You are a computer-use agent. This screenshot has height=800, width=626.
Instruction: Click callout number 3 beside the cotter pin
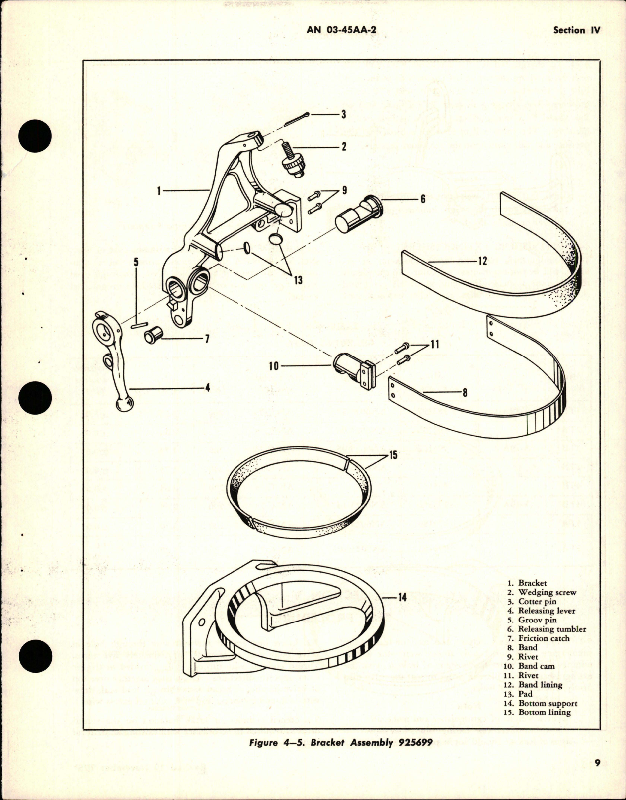[x=343, y=114]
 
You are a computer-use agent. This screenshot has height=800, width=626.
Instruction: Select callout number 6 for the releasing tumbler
[x=423, y=199]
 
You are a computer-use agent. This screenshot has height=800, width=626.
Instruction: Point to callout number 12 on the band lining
[x=482, y=261]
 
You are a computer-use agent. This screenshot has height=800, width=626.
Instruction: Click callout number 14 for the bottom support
[x=402, y=597]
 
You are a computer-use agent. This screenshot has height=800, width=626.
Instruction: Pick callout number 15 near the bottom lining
[x=393, y=455]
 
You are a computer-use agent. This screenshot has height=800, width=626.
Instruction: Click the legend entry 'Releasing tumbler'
[x=551, y=629]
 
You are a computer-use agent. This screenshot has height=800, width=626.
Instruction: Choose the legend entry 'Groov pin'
[x=537, y=620]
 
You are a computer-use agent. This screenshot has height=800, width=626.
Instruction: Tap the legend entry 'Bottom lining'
[x=545, y=712]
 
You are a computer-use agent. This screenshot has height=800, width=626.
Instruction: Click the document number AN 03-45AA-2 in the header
[x=341, y=30]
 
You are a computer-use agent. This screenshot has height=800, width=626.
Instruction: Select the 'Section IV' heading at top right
[x=576, y=30]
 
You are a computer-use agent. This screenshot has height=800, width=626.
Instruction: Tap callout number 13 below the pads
[x=298, y=280]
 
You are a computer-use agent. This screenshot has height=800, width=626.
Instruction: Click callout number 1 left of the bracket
[x=159, y=190]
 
